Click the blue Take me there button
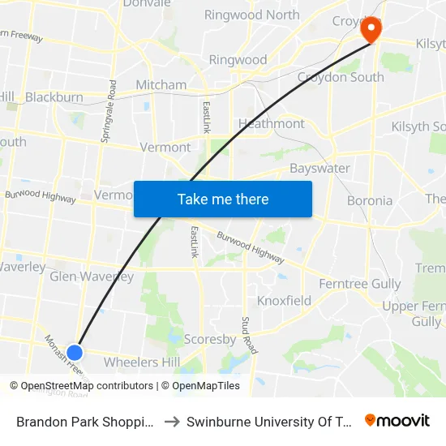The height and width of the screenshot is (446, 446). click(x=223, y=199)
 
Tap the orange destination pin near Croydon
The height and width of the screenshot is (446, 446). click(x=371, y=30)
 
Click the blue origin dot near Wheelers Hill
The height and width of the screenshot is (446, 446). click(x=75, y=352)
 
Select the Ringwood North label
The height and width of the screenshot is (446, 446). click(x=251, y=15)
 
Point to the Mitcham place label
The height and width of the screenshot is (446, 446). click(x=161, y=84)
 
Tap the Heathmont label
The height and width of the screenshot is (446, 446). click(x=271, y=123)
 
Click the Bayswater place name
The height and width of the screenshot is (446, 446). click(x=319, y=168)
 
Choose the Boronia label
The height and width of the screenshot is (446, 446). click(x=369, y=200)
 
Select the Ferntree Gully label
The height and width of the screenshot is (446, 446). click(x=359, y=284)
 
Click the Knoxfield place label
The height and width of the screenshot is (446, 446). click(x=284, y=301)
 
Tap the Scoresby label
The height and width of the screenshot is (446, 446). click(x=209, y=339)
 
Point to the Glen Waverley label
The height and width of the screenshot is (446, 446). click(x=92, y=277)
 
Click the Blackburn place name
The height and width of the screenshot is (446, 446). click(x=54, y=97)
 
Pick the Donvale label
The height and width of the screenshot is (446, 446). click(x=147, y=4)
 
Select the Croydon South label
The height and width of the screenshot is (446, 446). click(x=340, y=77)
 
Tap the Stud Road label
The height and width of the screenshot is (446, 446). click(x=250, y=335)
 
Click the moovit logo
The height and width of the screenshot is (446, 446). click(x=397, y=421)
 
